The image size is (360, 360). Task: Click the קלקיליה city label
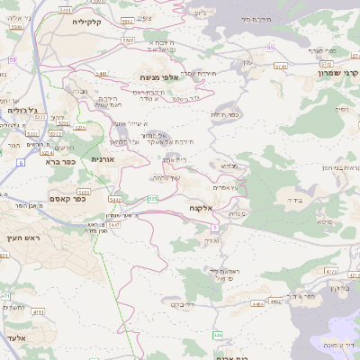click(x=92, y=20)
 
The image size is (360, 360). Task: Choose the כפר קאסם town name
click(x=67, y=199)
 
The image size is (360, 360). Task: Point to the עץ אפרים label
click(x=223, y=187)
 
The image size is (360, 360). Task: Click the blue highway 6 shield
click(x=19, y=162)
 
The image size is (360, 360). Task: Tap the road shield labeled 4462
click(x=256, y=303)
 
